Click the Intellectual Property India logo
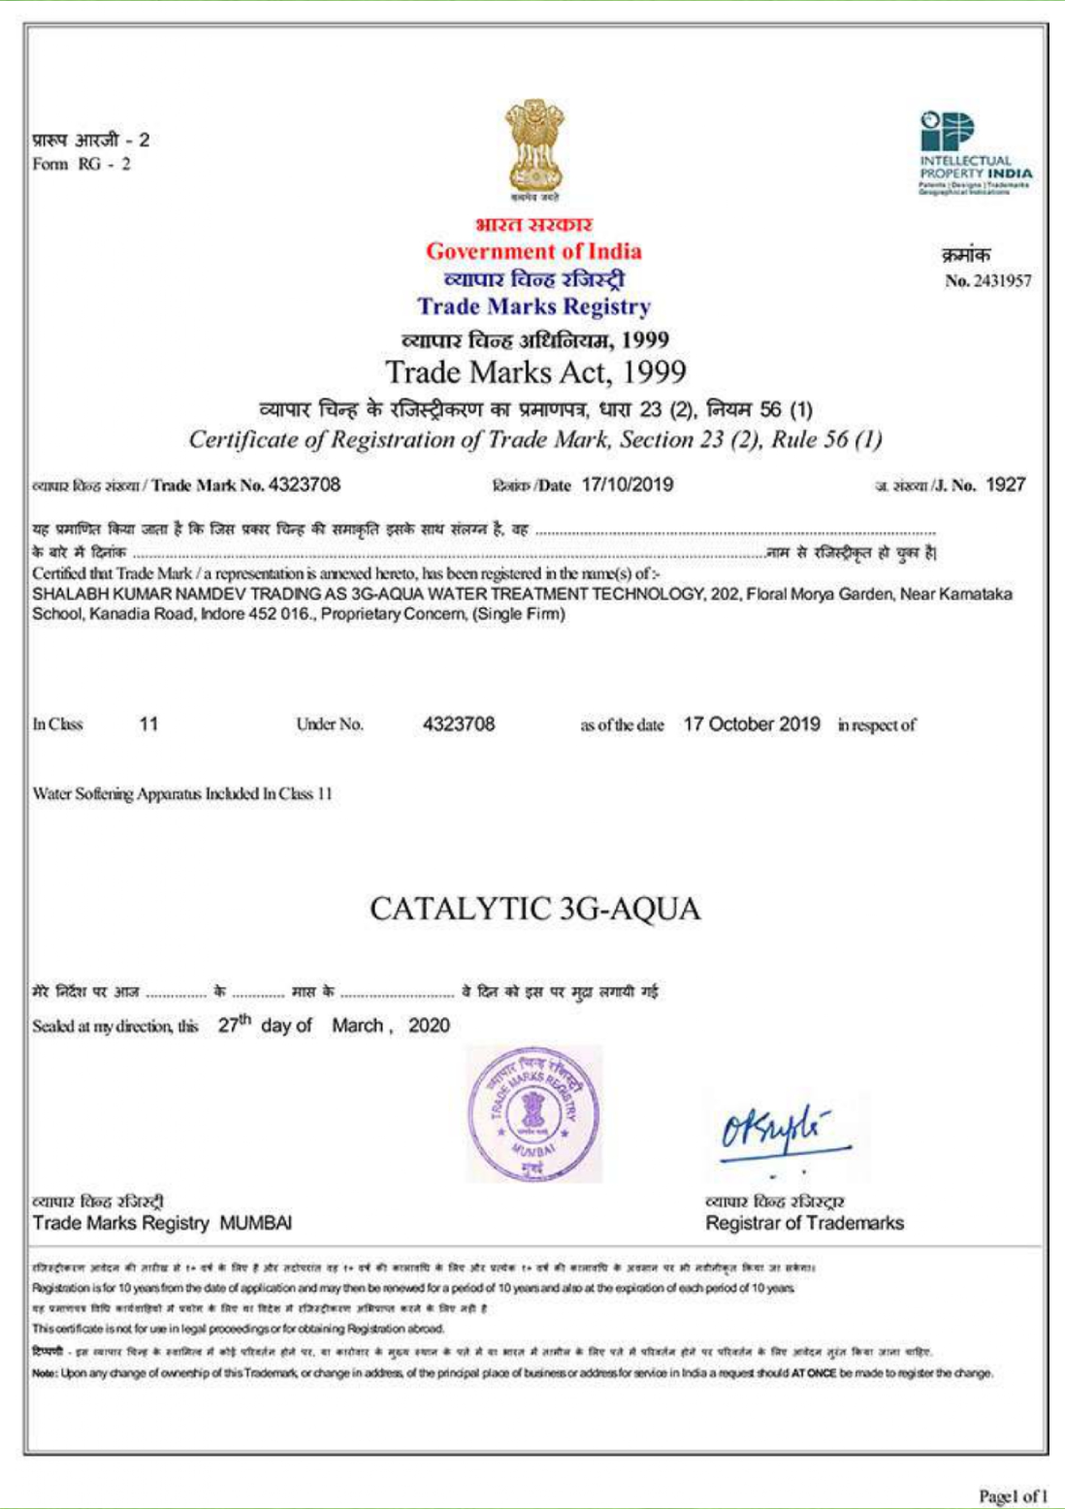pos(975,152)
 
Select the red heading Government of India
pos(533,251)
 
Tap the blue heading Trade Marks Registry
pos(533,306)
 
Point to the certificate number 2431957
pos(1002,281)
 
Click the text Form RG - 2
pos(81,164)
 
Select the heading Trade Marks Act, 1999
pos(535,372)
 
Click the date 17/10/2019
pos(628,485)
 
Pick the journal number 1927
pos(1006,485)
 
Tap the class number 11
pos(148,724)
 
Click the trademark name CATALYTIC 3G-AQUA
pos(534,909)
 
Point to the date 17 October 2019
pos(752,724)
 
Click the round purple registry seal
pos(533,1114)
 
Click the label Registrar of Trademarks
pos(804,1223)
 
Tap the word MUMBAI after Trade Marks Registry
pos(256,1223)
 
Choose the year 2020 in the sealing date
pos(429,1026)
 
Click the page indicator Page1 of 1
pos(1013,1496)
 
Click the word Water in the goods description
pos(51,794)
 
